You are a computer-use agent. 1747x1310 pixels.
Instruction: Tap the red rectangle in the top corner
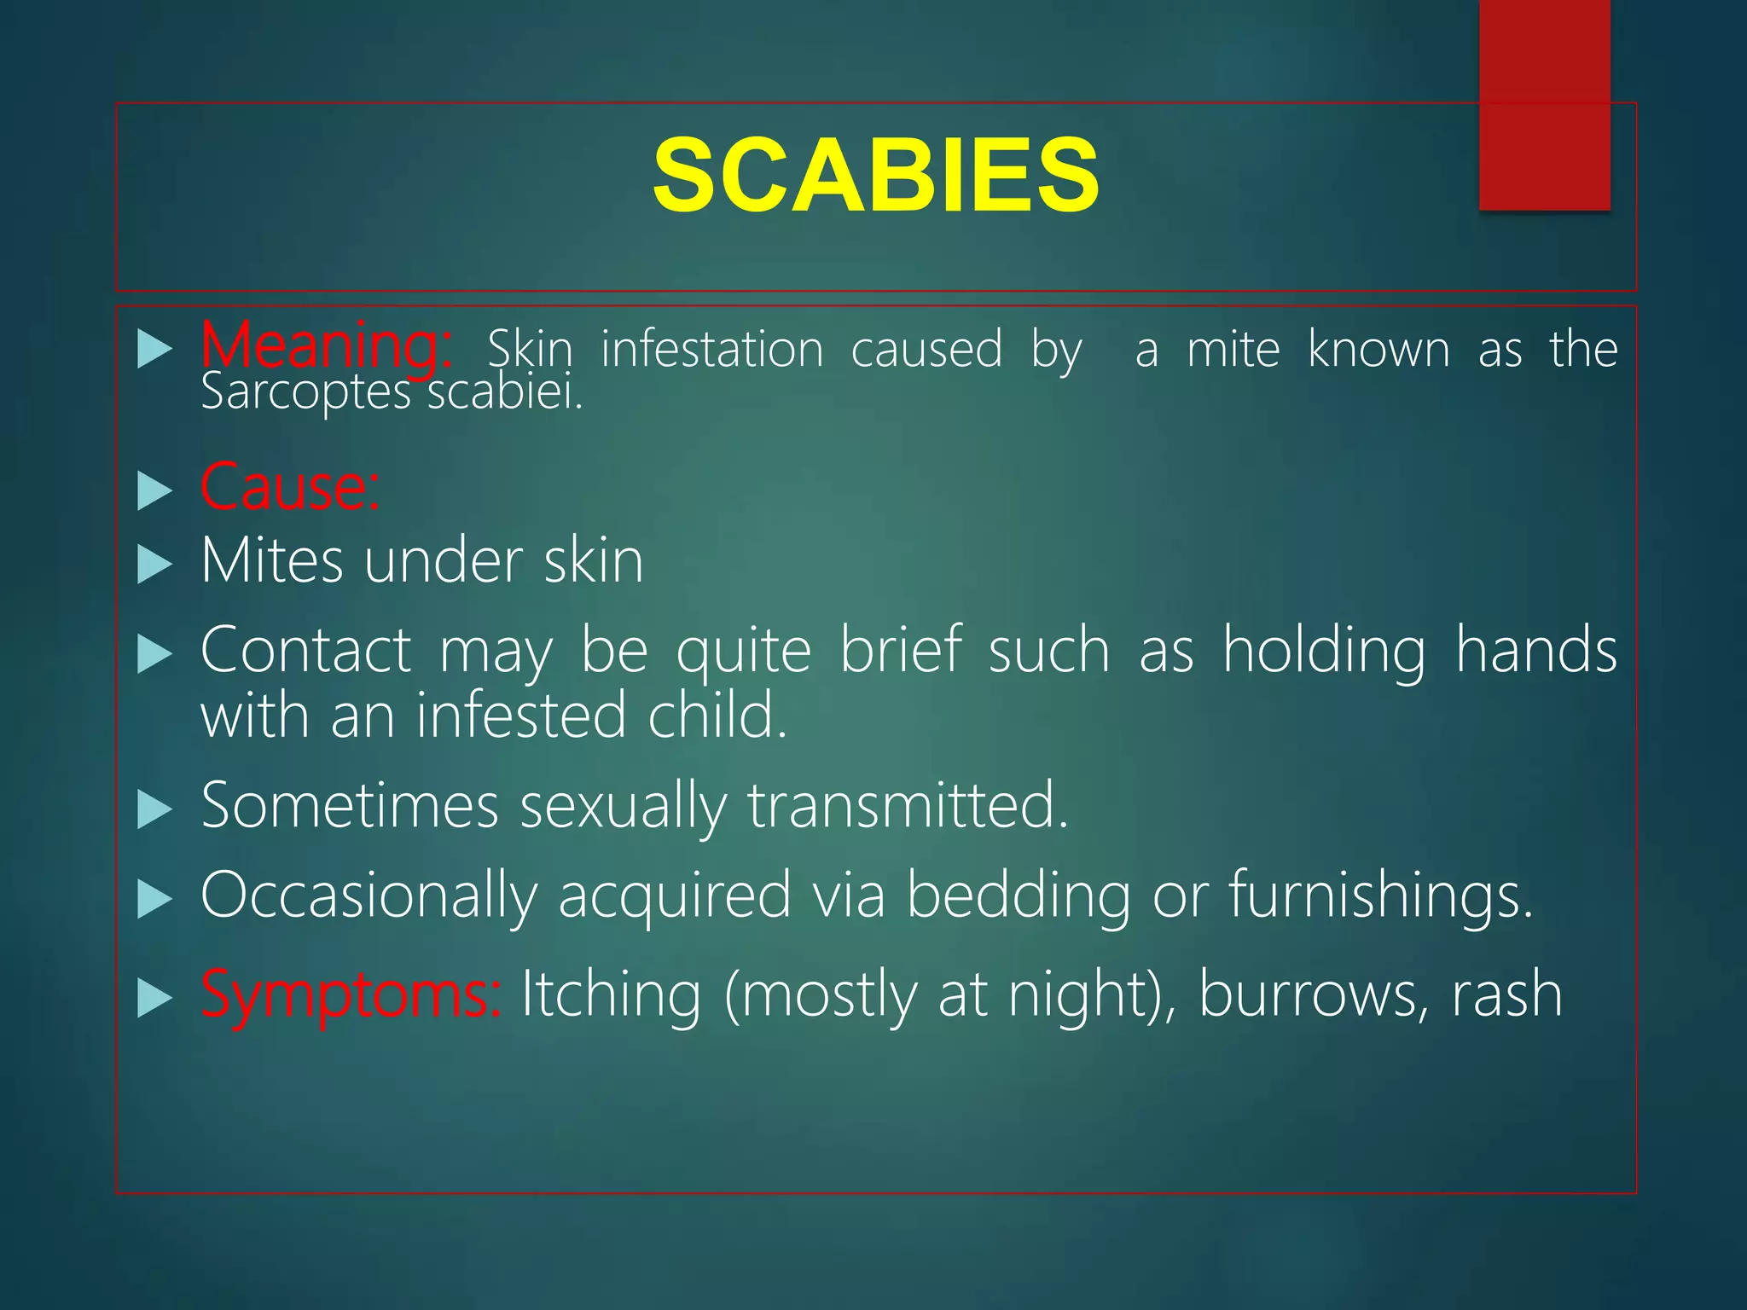tap(1544, 104)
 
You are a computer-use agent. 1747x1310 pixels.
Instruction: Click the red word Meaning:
tap(326, 347)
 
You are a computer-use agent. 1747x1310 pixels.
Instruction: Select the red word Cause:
tap(290, 487)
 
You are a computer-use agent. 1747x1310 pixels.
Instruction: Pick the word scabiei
tap(505, 394)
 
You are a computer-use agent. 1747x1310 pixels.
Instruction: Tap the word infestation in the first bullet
tap(712, 350)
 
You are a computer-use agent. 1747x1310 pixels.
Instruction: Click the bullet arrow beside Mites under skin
tap(154, 565)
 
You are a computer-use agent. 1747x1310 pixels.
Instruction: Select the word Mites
tap(272, 562)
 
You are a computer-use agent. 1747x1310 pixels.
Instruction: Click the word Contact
tap(305, 651)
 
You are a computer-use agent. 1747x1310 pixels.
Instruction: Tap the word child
tap(717, 716)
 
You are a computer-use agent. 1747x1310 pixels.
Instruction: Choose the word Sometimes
tap(350, 805)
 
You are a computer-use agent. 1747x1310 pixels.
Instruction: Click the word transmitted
tap(908, 805)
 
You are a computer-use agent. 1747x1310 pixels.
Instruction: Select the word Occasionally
tap(369, 896)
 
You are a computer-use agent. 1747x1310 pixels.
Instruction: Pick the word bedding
tap(1018, 896)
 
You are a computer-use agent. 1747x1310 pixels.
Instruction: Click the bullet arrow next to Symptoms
tap(154, 998)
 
